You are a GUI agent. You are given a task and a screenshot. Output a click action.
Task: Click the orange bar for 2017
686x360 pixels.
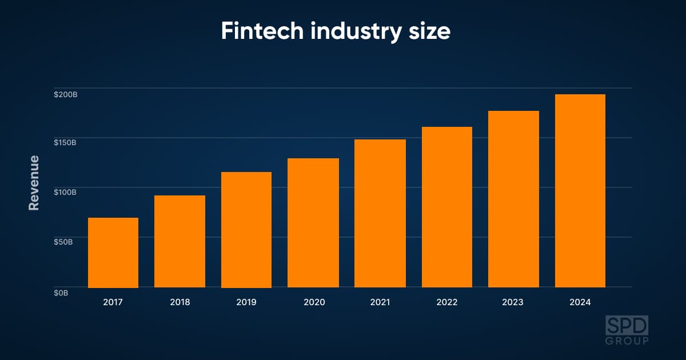tap(113, 253)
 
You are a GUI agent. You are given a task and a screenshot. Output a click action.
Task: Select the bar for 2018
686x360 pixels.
tap(180, 241)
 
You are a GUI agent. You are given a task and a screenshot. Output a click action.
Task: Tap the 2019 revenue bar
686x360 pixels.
tap(246, 230)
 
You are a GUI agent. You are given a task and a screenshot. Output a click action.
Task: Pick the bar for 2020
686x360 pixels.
tap(313, 223)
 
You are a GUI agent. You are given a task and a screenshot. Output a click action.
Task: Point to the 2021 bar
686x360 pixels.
tap(380, 213)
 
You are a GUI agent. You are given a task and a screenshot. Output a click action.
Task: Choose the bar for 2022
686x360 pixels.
tap(447, 207)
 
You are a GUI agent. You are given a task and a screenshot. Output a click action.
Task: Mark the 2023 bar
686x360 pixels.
tap(513, 199)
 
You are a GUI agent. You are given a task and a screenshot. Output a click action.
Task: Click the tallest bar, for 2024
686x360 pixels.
tap(580, 191)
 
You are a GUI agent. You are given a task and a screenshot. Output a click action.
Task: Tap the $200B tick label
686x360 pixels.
tap(66, 95)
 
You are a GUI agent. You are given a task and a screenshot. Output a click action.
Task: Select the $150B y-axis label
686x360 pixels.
tap(65, 143)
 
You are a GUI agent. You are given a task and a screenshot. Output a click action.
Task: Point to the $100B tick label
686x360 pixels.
tap(65, 192)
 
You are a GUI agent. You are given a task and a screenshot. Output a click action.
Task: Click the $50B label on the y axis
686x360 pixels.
tap(63, 242)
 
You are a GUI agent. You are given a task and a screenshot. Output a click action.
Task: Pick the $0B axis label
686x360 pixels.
tap(61, 293)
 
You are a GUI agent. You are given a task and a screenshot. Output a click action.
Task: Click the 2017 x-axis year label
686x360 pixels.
tap(113, 302)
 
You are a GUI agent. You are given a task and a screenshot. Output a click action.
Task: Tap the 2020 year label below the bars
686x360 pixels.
tap(314, 302)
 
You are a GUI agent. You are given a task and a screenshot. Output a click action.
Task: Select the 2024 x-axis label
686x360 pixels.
tap(580, 302)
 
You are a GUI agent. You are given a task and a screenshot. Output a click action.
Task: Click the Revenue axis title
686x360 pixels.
tap(34, 183)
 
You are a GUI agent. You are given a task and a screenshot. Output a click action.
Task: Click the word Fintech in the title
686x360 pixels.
tap(262, 31)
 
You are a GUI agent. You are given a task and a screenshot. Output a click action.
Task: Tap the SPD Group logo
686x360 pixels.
tap(627, 330)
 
